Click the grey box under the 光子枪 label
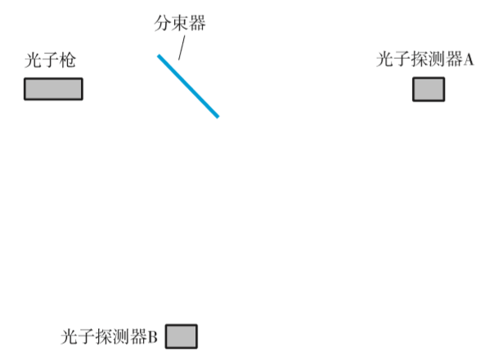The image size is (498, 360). pos(53,88)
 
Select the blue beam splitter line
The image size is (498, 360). pos(188,86)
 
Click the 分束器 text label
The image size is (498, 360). pos(179,23)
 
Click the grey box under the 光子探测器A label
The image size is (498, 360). pos(428,88)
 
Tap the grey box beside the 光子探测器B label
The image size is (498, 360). pos(182,336)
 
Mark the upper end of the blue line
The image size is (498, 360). pos(159,56)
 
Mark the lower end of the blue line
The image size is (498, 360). pos(218,116)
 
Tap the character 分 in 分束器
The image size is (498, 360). pos(162,23)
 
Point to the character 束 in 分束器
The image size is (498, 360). pos(179,23)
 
